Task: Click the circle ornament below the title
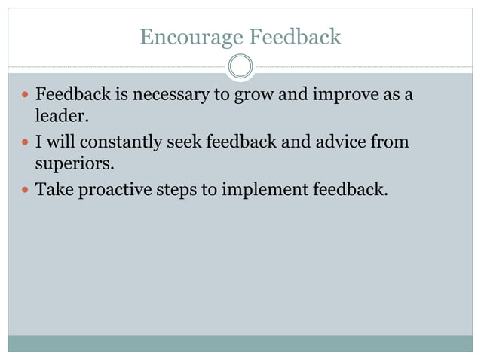click(x=240, y=67)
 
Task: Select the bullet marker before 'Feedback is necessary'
click(x=23, y=97)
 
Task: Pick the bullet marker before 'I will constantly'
click(x=23, y=142)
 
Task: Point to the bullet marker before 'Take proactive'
click(x=23, y=188)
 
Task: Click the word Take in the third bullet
click(x=53, y=188)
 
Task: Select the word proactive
click(x=113, y=188)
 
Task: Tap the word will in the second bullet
click(x=60, y=142)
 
